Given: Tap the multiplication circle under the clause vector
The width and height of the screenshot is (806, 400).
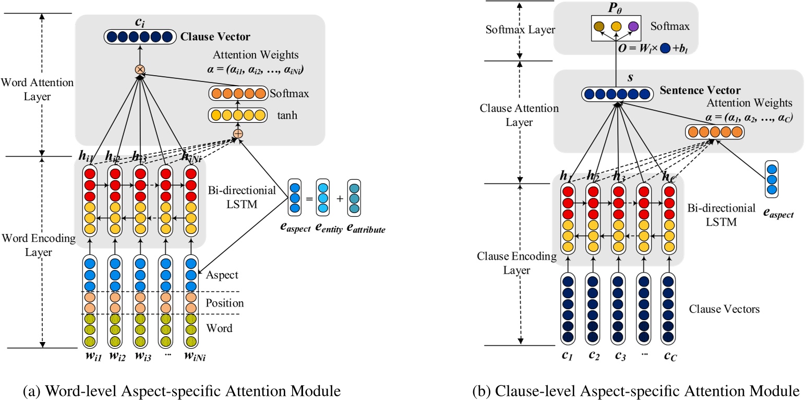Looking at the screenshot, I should click(140, 69).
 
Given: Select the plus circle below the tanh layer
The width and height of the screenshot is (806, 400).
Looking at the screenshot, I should click(238, 134).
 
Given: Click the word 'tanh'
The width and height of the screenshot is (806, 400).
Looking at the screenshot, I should click(287, 115).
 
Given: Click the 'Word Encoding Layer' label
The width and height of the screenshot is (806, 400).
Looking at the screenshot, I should click(37, 245).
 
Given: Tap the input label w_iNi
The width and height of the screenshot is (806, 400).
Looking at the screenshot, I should click(193, 357).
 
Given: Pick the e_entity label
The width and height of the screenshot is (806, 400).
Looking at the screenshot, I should click(322, 228).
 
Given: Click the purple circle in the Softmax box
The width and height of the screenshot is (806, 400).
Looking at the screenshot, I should click(633, 25).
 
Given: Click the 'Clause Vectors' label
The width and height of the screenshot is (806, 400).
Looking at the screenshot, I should click(724, 309).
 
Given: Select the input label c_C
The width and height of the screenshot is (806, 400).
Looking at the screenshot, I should click(670, 357).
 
